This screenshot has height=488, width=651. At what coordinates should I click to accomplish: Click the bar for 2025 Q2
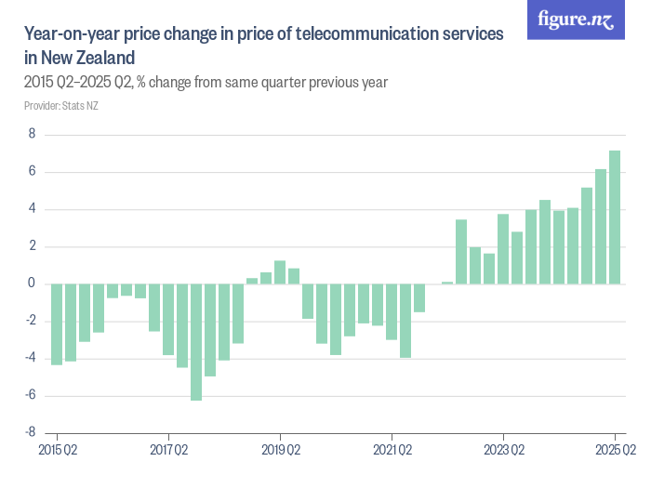click(615, 218)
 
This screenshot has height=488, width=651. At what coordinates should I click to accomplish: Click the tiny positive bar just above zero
click(447, 283)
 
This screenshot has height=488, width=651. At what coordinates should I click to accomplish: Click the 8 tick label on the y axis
click(32, 135)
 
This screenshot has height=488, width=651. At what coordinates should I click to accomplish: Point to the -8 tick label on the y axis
click(29, 432)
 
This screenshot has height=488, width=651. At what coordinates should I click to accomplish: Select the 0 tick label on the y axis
click(32, 284)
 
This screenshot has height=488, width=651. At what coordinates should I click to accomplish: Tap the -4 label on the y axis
click(29, 358)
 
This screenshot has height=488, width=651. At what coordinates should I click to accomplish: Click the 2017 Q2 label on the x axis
click(168, 450)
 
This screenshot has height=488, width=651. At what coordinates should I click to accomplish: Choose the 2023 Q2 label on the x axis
click(503, 450)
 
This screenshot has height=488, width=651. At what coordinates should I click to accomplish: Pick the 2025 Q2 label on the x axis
click(615, 450)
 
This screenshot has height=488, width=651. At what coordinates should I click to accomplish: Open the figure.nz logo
click(577, 20)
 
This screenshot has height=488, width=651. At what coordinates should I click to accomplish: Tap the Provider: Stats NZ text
click(61, 105)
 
